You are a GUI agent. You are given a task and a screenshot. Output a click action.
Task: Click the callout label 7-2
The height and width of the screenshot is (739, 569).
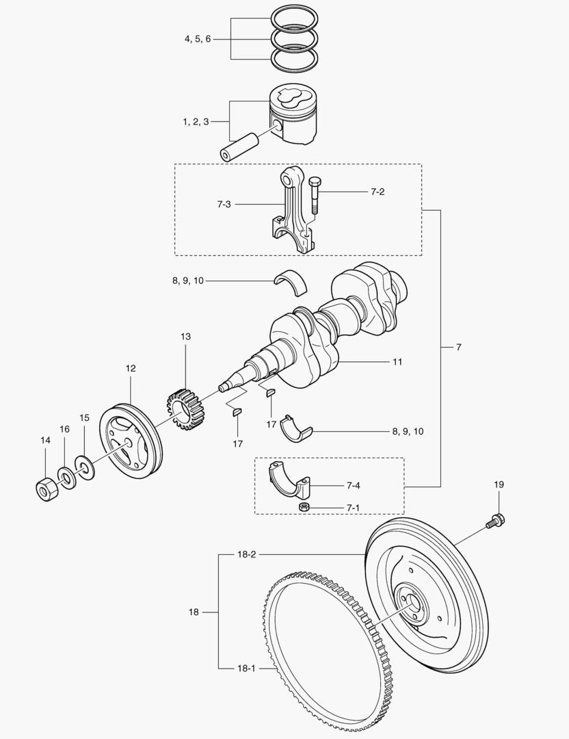tap(378, 192)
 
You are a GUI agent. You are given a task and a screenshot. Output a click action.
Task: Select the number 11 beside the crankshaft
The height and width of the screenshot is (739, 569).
tap(397, 361)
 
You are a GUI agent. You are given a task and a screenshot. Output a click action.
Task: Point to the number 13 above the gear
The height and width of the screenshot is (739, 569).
tap(186, 337)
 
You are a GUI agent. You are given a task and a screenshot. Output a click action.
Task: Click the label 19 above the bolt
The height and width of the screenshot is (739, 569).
tap(499, 484)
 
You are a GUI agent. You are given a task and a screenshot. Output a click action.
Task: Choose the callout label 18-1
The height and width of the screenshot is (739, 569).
tap(248, 667)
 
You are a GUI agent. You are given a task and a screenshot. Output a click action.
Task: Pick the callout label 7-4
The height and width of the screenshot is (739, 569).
tap(354, 486)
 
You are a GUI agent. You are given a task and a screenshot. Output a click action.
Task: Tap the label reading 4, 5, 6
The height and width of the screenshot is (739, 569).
tap(198, 39)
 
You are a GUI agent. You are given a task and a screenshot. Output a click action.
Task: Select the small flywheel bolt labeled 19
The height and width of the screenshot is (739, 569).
tap(495, 521)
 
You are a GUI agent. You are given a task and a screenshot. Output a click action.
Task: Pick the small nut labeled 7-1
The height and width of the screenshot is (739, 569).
tap(305, 507)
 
